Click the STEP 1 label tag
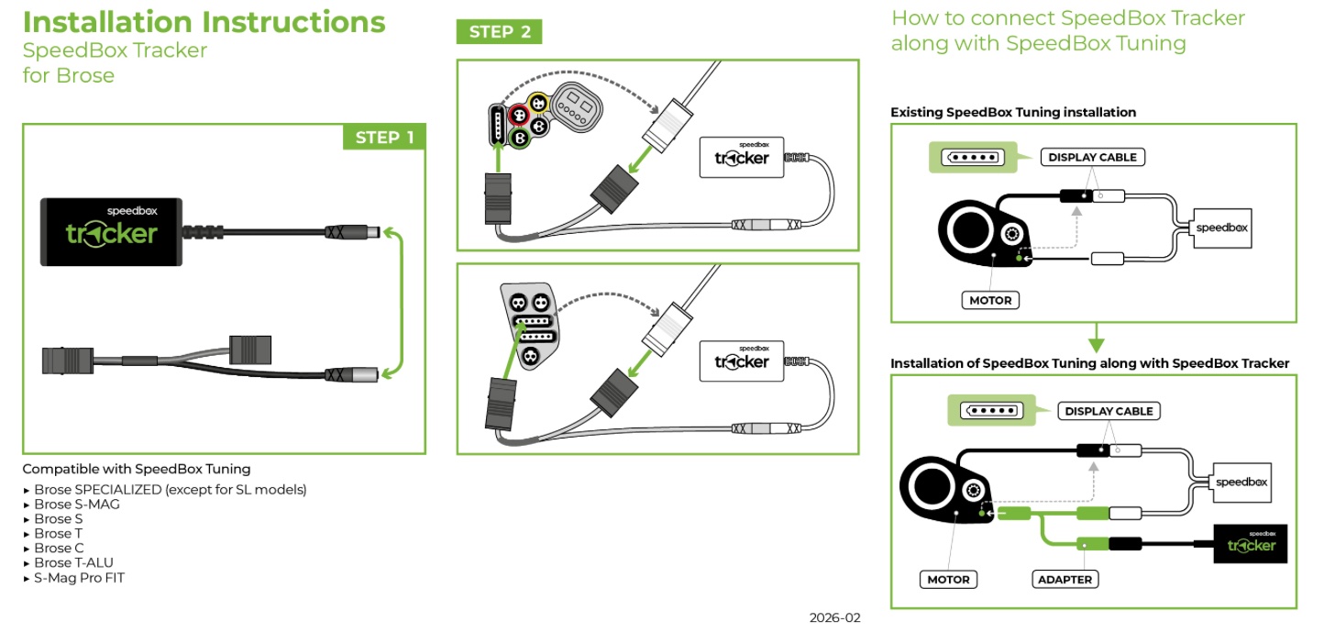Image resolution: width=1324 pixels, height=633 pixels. point(384,138)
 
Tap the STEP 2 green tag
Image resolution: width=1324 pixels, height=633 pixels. point(499,32)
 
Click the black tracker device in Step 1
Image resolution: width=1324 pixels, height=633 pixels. point(111,232)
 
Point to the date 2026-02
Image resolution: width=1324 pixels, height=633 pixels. point(834,617)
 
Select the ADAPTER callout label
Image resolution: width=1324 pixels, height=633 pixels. point(1065,579)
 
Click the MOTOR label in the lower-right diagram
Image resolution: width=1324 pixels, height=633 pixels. point(948,579)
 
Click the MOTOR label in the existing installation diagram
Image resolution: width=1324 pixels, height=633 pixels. point(990,300)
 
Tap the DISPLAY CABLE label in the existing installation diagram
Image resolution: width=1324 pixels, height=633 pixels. point(1092,157)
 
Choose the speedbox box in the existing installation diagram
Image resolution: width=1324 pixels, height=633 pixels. point(1222,228)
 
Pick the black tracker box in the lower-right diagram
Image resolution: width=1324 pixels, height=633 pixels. point(1250,543)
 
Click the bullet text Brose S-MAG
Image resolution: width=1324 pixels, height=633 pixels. point(77,504)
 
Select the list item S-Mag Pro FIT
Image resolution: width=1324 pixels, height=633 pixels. point(79,577)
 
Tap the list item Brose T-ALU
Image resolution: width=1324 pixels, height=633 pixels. point(73,562)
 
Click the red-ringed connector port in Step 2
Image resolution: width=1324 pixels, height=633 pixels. point(518,115)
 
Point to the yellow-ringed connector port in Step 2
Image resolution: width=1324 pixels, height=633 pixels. point(538,104)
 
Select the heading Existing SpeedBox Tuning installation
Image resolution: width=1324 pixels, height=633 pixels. point(1013,112)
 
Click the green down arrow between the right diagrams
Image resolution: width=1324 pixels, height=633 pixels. point(1097,338)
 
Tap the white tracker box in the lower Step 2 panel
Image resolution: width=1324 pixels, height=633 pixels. point(742,361)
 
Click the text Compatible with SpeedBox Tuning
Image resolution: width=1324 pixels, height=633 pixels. point(137,469)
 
